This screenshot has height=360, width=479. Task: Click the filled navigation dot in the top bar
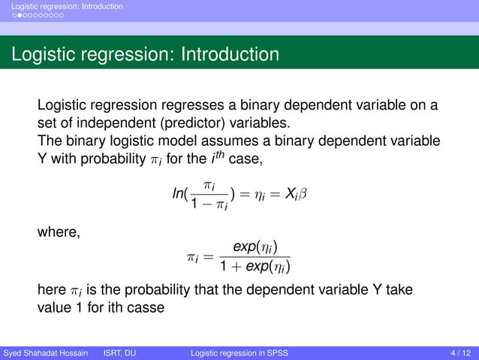click(11, 14)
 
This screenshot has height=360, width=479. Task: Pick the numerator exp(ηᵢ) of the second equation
click(255, 247)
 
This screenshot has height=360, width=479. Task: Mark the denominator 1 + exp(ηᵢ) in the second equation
click(255, 266)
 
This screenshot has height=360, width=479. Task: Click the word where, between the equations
click(59, 232)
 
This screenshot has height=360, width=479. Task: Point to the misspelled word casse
click(144, 308)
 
